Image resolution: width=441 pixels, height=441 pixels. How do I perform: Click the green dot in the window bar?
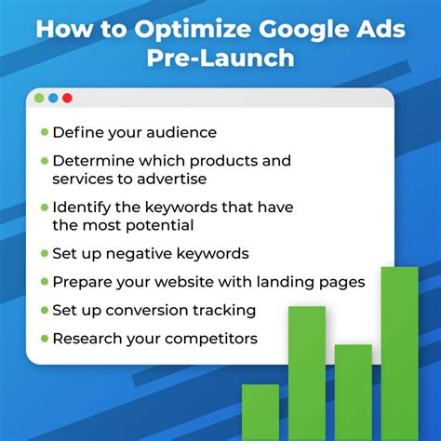[x=39, y=98]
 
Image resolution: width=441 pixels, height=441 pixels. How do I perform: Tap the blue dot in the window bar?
[x=53, y=98]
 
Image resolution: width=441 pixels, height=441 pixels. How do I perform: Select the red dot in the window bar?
[x=67, y=98]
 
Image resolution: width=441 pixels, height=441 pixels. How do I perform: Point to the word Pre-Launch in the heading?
[x=220, y=58]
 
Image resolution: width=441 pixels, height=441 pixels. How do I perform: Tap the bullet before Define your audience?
[x=44, y=133]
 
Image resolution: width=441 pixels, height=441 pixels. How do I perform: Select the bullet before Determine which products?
[x=44, y=161]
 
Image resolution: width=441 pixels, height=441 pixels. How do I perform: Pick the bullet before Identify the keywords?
[x=44, y=207]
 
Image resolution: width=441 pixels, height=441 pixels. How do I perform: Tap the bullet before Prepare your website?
[x=44, y=281]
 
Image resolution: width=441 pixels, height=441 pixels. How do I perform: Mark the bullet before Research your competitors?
[x=44, y=339]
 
